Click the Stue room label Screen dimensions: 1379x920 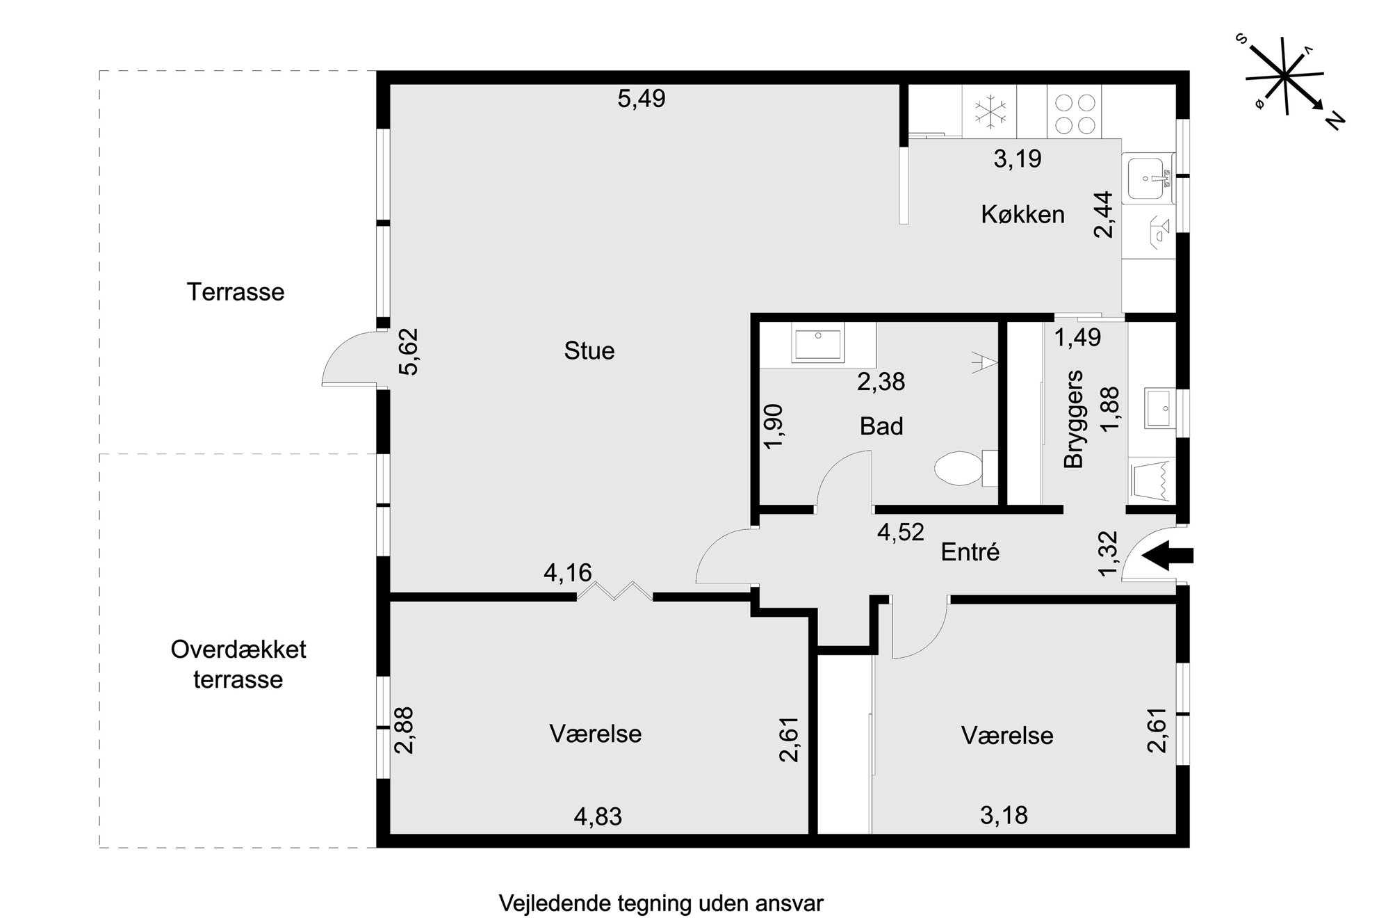point(589,350)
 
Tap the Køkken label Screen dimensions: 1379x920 point(1022,214)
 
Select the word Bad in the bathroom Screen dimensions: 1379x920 point(881,426)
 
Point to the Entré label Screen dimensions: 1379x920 point(970,552)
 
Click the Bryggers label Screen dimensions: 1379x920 point(1074,419)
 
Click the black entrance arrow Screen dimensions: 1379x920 point(1168,556)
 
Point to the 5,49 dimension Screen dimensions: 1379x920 point(642,99)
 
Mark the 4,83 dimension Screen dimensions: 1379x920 point(598,816)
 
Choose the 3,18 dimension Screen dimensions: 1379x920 point(1004,815)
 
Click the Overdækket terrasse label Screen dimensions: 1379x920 point(238,665)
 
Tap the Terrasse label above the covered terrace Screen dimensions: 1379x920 point(236,292)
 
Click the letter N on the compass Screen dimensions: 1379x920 point(1336,120)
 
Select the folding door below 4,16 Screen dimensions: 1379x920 point(614,592)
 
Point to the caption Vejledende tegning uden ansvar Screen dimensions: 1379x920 point(661,904)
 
